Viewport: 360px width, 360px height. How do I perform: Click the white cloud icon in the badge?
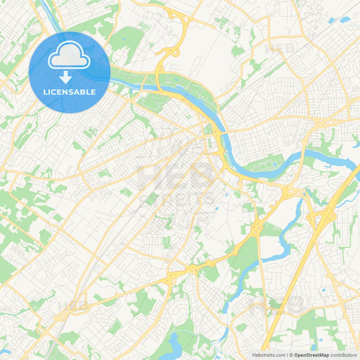click(x=69, y=57)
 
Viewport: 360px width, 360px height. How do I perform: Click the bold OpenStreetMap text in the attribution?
click(x=313, y=354)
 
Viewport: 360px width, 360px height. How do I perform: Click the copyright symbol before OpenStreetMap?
click(x=291, y=354)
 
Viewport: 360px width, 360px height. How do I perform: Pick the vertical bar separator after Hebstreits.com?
click(x=286, y=354)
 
